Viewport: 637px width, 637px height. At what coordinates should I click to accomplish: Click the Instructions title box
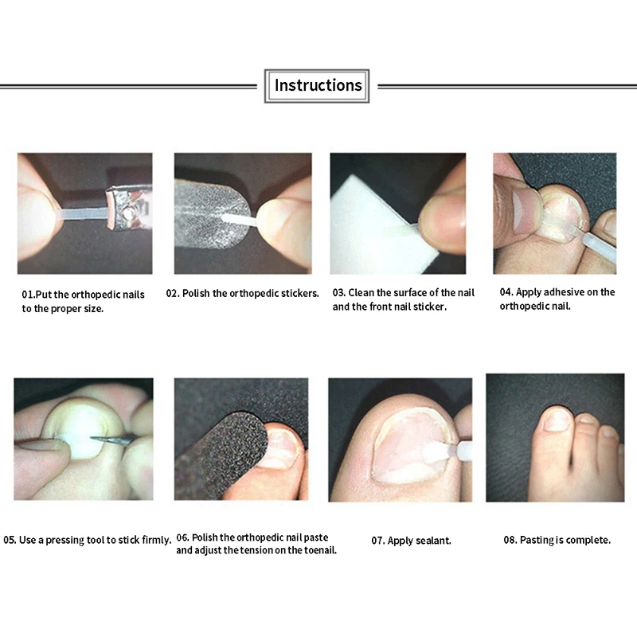pos(317,85)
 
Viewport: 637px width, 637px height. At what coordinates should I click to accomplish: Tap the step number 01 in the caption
pos(28,295)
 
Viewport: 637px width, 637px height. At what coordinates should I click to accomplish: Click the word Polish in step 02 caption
pos(197,293)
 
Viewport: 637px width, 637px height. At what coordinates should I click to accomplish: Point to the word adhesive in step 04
pos(560,292)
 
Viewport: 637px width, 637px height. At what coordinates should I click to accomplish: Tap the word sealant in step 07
pos(434,541)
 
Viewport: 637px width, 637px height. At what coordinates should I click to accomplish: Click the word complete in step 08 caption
pos(588,540)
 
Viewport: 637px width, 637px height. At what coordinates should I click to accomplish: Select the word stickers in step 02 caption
pos(302,293)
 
